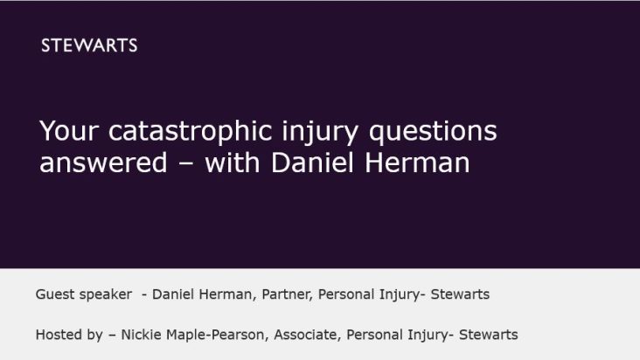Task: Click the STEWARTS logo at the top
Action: (89, 46)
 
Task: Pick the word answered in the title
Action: (94, 163)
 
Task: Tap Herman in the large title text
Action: (422, 163)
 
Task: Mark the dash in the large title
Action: (185, 164)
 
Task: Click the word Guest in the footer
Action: (55, 294)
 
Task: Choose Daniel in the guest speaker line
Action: (173, 294)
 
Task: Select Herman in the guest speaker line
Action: (226, 294)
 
